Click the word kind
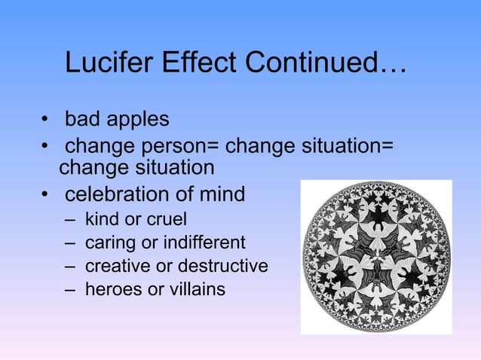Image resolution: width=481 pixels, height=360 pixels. [x=100, y=221]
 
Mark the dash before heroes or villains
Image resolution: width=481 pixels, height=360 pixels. [x=70, y=289]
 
